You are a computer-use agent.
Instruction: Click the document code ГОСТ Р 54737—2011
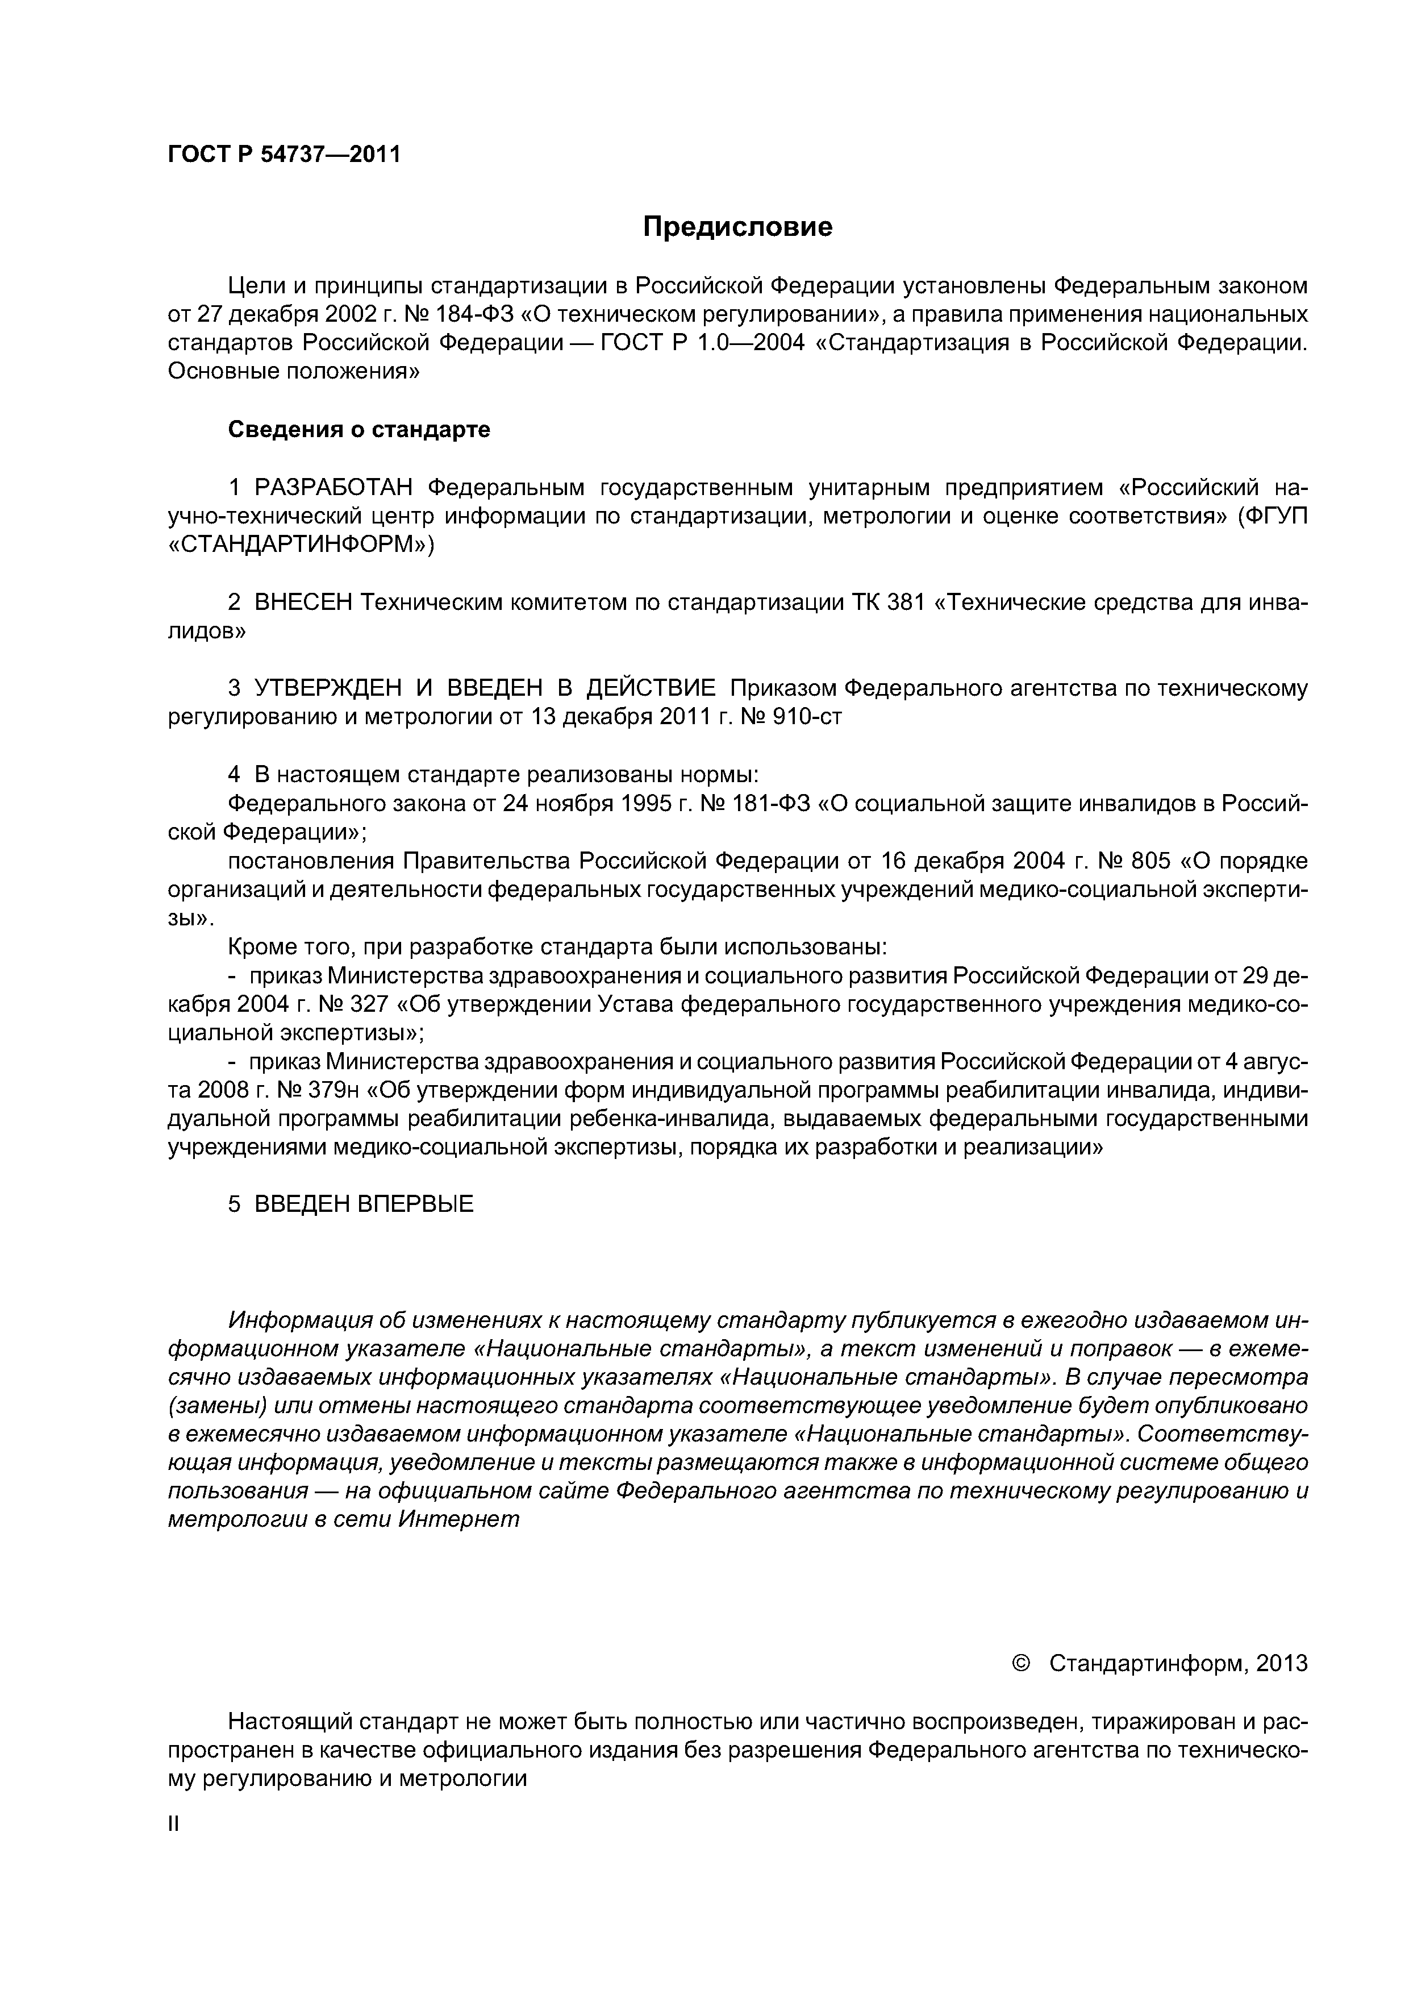point(284,155)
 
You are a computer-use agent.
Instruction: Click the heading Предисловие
point(737,227)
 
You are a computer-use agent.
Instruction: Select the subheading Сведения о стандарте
point(358,430)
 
